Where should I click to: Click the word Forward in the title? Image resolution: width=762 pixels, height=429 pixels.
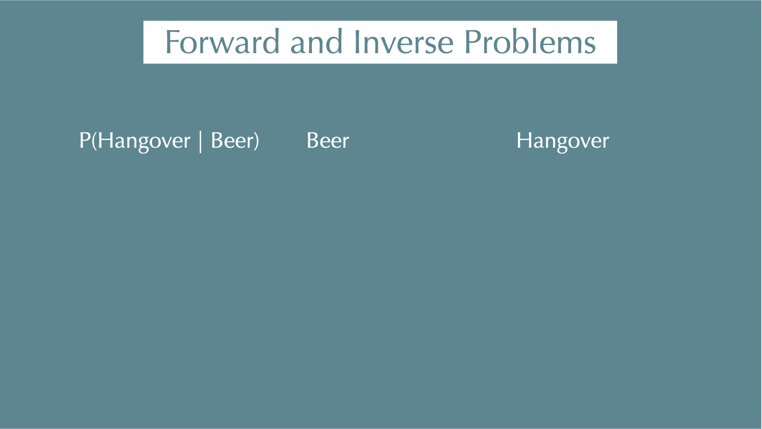pos(222,42)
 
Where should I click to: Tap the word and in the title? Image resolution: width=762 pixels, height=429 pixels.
pos(316,42)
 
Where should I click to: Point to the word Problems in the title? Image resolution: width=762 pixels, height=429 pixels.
pos(530,42)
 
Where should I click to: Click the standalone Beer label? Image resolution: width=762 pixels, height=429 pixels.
pos(328,141)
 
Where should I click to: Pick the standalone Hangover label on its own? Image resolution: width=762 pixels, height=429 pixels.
pos(563,142)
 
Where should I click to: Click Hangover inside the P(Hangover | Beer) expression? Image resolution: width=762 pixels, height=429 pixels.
pos(144,142)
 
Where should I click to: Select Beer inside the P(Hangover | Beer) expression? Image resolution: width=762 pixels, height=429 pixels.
pos(232,141)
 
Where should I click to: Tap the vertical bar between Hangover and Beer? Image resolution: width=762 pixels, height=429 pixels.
pos(200,142)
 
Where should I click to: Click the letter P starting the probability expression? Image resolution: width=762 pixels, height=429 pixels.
pos(85,141)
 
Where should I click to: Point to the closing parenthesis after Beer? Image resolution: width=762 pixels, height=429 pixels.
pos(256,141)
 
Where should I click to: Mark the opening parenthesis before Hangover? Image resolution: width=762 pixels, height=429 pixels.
pos(94,141)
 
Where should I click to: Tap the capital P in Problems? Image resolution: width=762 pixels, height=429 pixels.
pos(473,42)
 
